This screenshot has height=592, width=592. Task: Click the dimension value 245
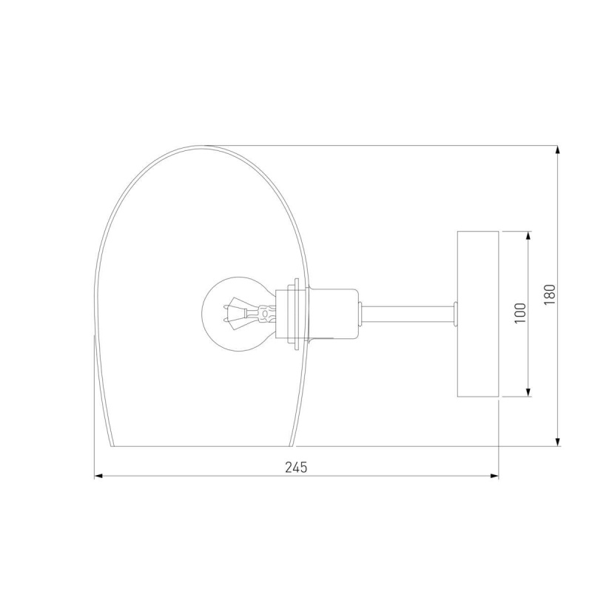click(296, 468)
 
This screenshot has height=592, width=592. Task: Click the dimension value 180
click(550, 295)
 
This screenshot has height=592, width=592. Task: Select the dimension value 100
click(520, 313)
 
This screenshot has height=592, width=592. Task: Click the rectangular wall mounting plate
click(478, 314)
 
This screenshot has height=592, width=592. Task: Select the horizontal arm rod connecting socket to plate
click(408, 314)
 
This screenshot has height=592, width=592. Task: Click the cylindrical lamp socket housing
click(332, 314)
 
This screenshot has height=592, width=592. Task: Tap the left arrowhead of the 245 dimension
click(98, 476)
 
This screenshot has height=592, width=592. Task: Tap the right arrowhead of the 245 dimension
click(494, 476)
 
